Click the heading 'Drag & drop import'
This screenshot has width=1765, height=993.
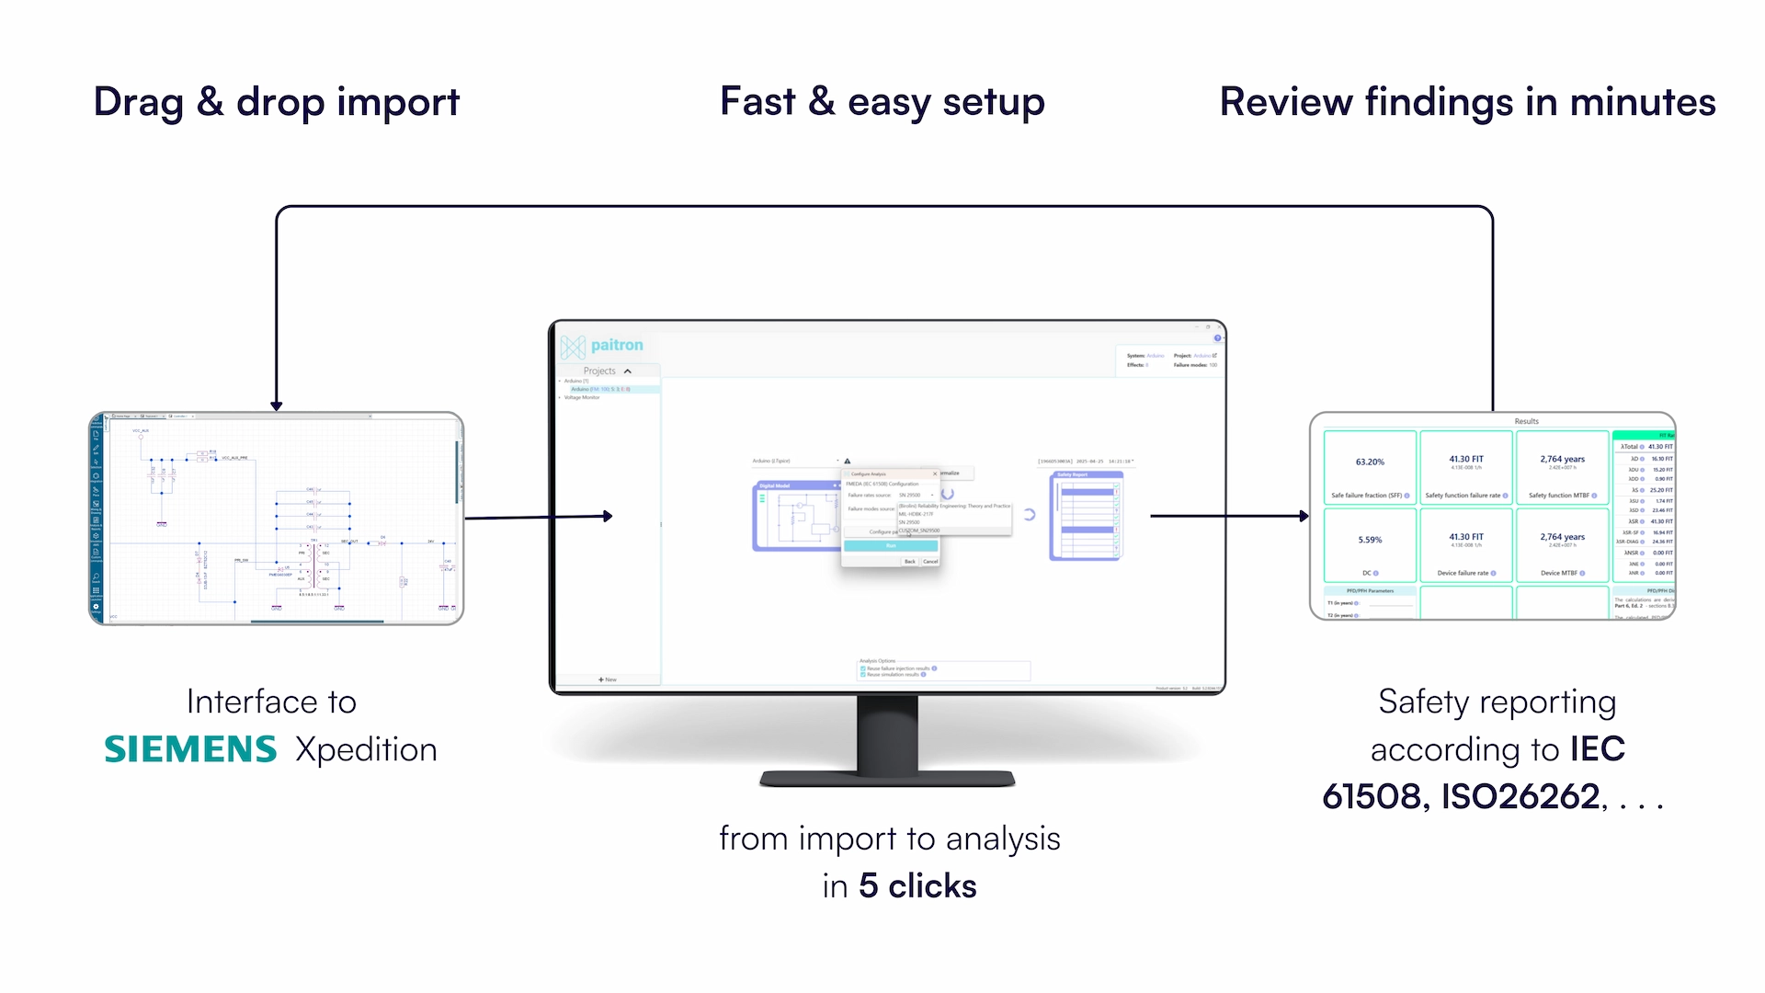click(x=276, y=102)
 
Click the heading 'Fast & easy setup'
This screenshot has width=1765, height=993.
click(x=882, y=102)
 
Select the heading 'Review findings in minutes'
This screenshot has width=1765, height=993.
click(x=1467, y=102)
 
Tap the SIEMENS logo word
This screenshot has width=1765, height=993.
click(x=190, y=749)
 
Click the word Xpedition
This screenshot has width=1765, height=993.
click(x=366, y=749)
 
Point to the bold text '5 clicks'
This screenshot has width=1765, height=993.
click(x=917, y=885)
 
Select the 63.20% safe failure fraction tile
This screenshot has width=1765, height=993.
click(x=1370, y=467)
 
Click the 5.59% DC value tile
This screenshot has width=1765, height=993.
click(x=1370, y=544)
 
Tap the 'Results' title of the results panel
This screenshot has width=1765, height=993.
click(x=1526, y=421)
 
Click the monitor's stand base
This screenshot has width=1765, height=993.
click(x=887, y=779)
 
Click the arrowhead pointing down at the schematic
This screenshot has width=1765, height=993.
click(x=277, y=405)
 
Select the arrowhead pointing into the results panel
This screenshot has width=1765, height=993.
click(x=1304, y=516)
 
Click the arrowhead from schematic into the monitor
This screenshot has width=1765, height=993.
click(x=607, y=516)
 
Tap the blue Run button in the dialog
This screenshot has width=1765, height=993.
click(x=890, y=546)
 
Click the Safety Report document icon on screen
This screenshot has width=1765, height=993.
click(x=1087, y=516)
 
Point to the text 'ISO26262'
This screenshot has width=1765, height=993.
click(x=1520, y=796)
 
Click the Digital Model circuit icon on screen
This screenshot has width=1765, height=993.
click(x=795, y=516)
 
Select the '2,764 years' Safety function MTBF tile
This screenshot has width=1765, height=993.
click(x=1562, y=467)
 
